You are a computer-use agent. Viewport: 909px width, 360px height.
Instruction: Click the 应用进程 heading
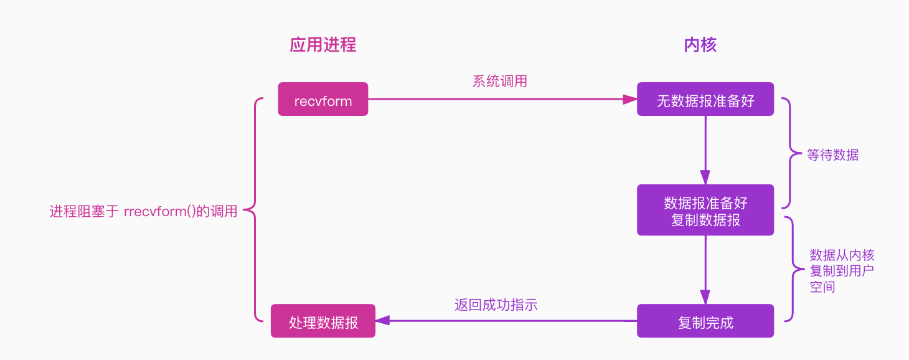click(x=323, y=45)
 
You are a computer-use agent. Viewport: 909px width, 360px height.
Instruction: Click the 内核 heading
click(x=700, y=45)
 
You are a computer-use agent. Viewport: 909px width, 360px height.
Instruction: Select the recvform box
click(x=323, y=100)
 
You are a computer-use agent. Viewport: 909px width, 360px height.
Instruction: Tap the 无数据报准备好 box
click(x=705, y=100)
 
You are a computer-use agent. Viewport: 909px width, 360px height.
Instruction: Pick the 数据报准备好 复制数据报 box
click(x=705, y=211)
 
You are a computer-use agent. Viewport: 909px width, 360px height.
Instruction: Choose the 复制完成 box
click(x=705, y=321)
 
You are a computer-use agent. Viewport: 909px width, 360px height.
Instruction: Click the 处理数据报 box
click(x=323, y=321)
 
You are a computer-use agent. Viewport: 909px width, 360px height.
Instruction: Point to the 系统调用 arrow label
click(x=499, y=82)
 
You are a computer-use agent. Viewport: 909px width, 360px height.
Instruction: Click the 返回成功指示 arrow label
click(x=496, y=305)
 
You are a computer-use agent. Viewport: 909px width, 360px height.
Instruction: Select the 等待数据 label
click(x=832, y=155)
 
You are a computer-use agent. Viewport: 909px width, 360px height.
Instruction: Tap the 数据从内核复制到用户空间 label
click(x=842, y=271)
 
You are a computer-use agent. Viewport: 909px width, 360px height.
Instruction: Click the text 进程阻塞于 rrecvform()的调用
click(x=143, y=212)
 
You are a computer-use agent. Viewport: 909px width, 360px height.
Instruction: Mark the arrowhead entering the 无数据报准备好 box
click(x=630, y=99)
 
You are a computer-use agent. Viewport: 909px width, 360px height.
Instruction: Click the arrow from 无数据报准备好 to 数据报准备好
click(x=705, y=149)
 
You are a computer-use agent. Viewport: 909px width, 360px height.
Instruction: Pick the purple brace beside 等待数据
click(x=789, y=153)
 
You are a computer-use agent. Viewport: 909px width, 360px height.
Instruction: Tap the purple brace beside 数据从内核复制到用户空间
click(x=791, y=269)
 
